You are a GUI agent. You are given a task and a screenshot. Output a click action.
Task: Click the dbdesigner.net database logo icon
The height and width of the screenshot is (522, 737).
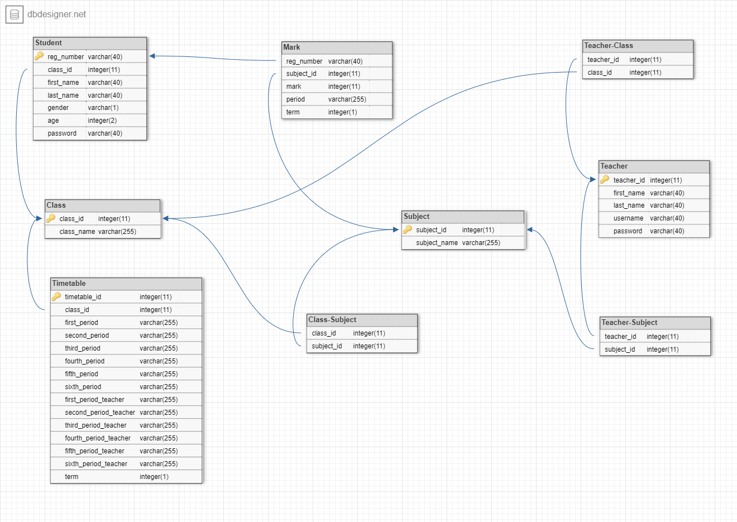tap(15, 15)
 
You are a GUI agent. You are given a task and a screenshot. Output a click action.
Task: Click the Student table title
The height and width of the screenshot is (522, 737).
tap(49, 43)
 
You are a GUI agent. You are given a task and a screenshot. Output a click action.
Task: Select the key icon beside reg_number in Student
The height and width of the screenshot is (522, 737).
tap(39, 56)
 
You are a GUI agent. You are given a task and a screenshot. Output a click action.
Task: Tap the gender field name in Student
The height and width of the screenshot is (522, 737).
tap(58, 108)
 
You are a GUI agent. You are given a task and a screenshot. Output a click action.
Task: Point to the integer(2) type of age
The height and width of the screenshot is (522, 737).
tap(102, 121)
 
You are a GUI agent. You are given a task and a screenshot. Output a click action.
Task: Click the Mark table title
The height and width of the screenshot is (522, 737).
tap(291, 47)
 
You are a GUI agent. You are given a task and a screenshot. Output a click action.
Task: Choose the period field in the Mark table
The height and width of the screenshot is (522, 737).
tap(295, 99)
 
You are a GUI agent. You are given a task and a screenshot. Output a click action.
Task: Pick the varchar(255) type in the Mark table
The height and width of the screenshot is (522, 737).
tap(347, 99)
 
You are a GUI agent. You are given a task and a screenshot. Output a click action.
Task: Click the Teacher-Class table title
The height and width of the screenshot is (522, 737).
tap(609, 46)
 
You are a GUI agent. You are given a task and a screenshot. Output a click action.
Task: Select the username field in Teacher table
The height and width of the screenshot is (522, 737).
tap(628, 218)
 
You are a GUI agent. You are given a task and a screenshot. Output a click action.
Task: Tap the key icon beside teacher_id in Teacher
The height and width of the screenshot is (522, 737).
tap(605, 180)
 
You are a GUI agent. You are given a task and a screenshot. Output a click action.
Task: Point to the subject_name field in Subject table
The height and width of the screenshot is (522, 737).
tap(437, 243)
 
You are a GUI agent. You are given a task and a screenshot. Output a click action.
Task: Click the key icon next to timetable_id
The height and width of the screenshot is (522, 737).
tap(56, 297)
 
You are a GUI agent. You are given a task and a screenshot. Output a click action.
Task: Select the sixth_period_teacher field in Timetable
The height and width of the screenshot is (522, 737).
tap(96, 464)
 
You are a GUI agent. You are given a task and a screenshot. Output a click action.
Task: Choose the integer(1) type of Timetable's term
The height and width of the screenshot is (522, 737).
tap(154, 477)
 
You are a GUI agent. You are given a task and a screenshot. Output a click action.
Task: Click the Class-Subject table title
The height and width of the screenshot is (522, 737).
tap(332, 320)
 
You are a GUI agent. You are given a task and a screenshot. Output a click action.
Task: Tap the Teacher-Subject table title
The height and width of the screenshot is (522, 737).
tap(629, 323)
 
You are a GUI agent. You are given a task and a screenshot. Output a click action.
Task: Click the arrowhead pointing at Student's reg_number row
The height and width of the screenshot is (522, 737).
tap(152, 56)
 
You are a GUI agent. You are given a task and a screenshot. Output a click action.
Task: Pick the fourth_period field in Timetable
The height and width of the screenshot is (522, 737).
tap(84, 361)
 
